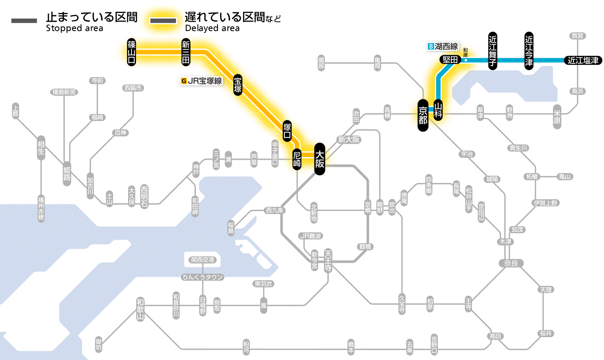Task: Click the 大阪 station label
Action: point(319,159)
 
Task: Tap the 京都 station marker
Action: point(423,115)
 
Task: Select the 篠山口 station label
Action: point(132,52)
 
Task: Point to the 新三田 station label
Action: point(186,52)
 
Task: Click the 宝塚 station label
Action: point(238,85)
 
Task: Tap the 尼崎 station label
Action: point(297,159)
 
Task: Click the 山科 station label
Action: point(438,110)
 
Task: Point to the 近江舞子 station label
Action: point(492,50)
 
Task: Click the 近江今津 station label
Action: point(529,50)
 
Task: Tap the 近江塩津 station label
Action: point(583,60)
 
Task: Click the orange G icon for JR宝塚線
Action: point(184,80)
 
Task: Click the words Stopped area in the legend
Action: point(74,28)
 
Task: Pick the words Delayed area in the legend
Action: point(212,28)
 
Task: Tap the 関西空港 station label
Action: point(202,260)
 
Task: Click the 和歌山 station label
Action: point(140,309)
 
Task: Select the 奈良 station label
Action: point(511,263)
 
